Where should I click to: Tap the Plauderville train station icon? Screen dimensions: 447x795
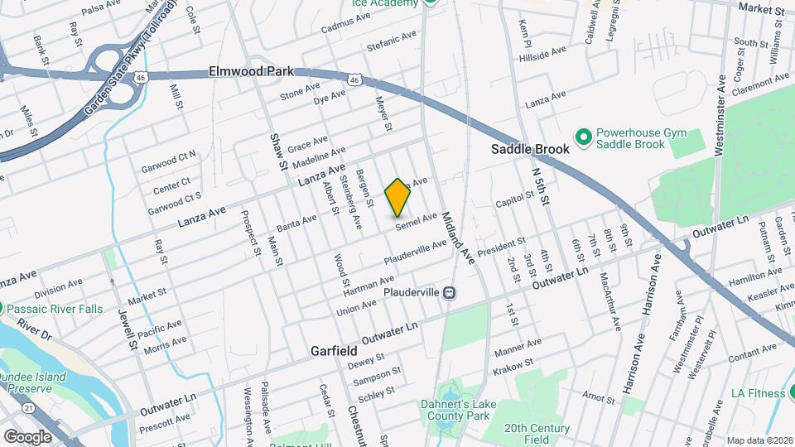449,292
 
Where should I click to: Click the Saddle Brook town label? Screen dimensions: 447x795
530,150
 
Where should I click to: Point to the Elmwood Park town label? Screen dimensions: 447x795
252,72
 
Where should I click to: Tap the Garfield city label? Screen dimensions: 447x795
334,351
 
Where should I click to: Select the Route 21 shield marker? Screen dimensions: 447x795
28,407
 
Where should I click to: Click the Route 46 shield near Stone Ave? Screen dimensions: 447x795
354,79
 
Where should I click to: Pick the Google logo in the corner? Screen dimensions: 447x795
27,436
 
